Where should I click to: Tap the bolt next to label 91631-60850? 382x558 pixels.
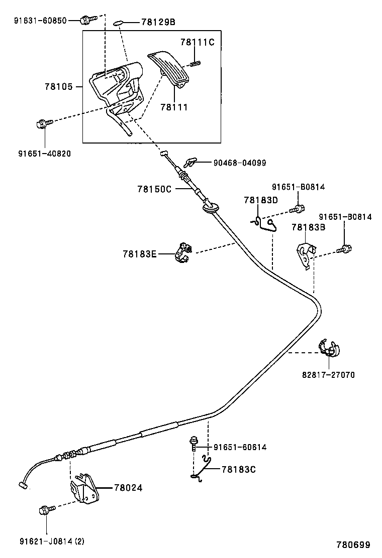(87, 20)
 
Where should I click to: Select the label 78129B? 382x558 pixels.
(158, 22)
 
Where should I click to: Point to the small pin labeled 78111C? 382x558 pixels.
(196, 63)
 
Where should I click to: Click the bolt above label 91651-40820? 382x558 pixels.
(43, 123)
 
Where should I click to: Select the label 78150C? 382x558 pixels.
(154, 189)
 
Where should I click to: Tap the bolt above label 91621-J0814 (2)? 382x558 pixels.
(44, 510)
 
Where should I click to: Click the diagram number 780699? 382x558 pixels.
(353, 544)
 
